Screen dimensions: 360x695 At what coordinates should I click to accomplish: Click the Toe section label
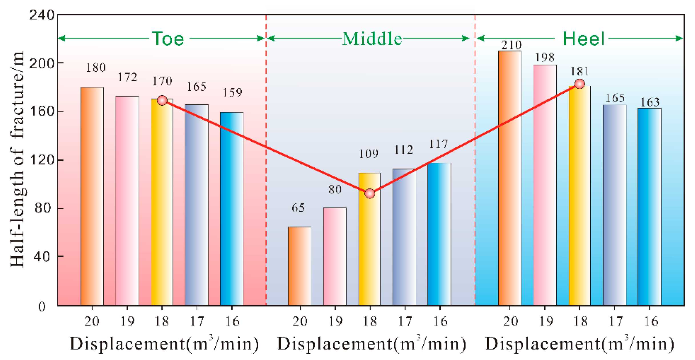168,39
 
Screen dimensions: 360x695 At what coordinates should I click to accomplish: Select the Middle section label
372,39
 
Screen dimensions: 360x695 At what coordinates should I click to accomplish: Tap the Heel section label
583,39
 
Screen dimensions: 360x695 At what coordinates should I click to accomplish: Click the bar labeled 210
510,177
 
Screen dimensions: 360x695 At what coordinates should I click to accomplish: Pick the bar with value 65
299,266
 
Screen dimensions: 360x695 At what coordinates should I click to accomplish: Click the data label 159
232,93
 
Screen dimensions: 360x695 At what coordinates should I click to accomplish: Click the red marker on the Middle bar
370,194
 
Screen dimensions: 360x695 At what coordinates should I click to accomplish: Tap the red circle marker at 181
580,84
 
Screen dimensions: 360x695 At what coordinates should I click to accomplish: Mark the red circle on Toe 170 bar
162,101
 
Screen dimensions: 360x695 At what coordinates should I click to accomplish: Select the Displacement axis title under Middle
371,344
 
